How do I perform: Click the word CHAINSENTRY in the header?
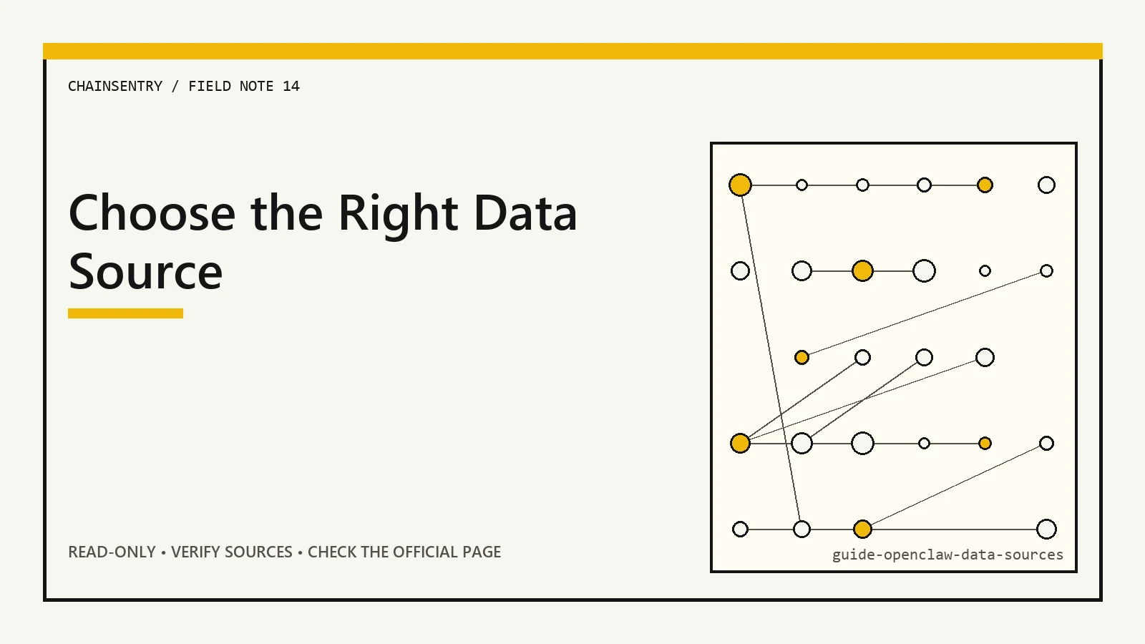click(x=115, y=86)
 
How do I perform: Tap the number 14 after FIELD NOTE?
click(x=291, y=86)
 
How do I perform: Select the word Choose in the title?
click(x=152, y=213)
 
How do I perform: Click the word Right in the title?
click(x=398, y=215)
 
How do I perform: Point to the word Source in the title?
click(x=146, y=271)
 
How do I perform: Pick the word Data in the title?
click(x=525, y=213)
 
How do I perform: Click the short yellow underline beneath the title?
click(x=125, y=313)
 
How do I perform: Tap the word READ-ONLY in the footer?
click(x=112, y=552)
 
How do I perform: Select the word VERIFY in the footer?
click(x=196, y=552)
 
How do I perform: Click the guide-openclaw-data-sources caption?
click(x=947, y=555)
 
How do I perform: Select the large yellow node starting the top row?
click(x=740, y=185)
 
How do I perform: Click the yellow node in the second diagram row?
click(x=862, y=271)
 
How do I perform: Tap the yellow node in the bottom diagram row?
click(x=862, y=529)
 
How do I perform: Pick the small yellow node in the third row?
click(x=801, y=357)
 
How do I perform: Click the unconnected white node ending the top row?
click(x=1046, y=185)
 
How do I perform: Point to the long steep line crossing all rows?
click(x=771, y=357)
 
